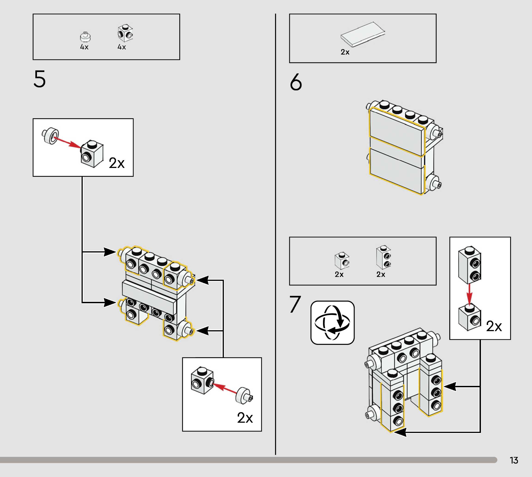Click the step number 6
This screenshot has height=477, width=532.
pos(296,82)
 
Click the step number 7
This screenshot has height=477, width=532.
pos(295,304)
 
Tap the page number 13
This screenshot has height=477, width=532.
pos(514,460)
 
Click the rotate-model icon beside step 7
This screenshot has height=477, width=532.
pos(332,322)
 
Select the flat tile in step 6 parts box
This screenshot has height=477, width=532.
pos(363,34)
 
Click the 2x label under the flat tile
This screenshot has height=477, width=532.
pos(345,52)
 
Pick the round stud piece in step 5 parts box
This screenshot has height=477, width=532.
pos(85,37)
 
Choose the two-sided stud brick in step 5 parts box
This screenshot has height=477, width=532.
pos(125,33)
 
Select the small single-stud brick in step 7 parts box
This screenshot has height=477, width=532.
pos(342,261)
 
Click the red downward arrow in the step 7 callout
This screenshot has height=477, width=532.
pos(469,294)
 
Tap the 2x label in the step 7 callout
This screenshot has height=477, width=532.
pos(494,326)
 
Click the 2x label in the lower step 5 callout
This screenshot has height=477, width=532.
pos(245,417)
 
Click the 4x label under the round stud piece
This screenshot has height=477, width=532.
pos(84,47)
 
